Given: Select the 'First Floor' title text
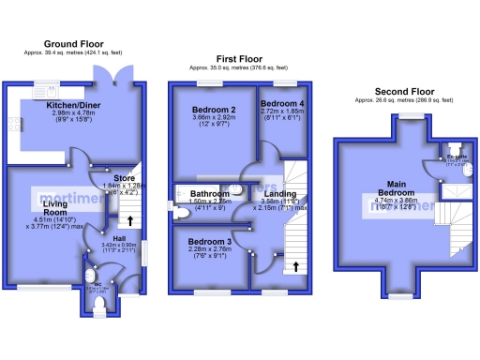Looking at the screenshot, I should [x=239, y=58].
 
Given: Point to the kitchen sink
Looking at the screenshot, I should [x=44, y=92].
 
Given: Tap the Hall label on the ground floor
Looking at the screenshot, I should [x=108, y=238].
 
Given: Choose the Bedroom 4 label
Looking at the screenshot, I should [x=280, y=103].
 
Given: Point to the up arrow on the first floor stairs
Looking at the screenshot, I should [x=296, y=265].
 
